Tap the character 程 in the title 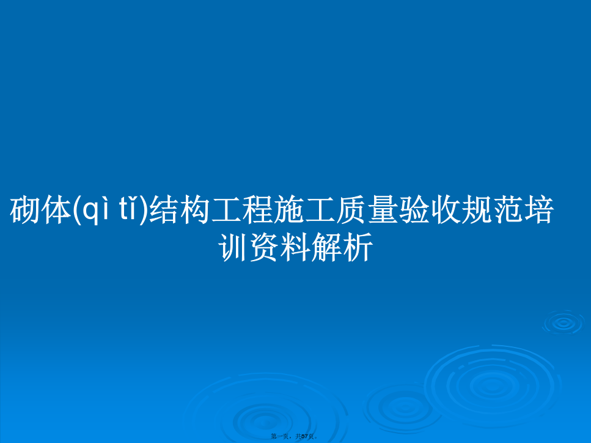coord(257,210)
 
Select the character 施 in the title coord(288,210)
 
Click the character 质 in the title coord(351,210)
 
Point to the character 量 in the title coord(381,210)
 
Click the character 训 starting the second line coord(233,247)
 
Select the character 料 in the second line coord(295,247)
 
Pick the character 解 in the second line coord(326,247)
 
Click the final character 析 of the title coord(358,247)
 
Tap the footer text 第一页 coord(280,437)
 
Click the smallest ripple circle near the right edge coord(563,322)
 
